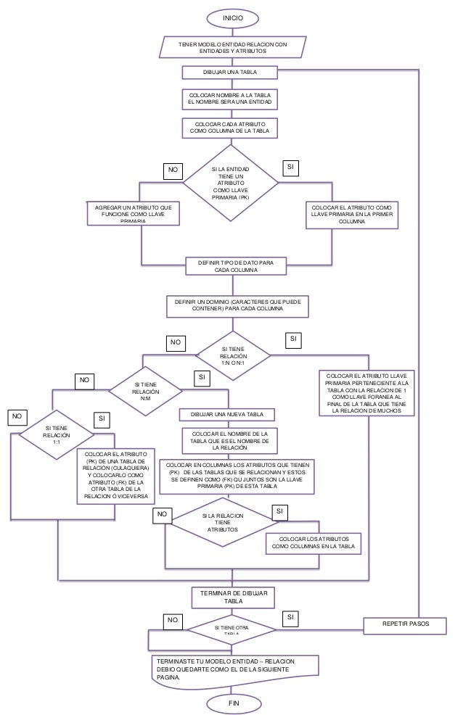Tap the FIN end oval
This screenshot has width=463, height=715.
(233, 703)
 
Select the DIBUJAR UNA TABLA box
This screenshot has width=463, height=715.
(229, 73)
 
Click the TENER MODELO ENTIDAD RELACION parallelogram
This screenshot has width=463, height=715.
(233, 48)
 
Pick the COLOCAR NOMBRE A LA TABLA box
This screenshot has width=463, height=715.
(229, 99)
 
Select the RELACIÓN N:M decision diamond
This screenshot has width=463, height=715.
(145, 390)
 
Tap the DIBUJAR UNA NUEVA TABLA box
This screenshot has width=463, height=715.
(227, 414)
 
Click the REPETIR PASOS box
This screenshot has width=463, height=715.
(405, 624)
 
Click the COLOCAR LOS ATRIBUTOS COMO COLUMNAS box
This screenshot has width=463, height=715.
(315, 544)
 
